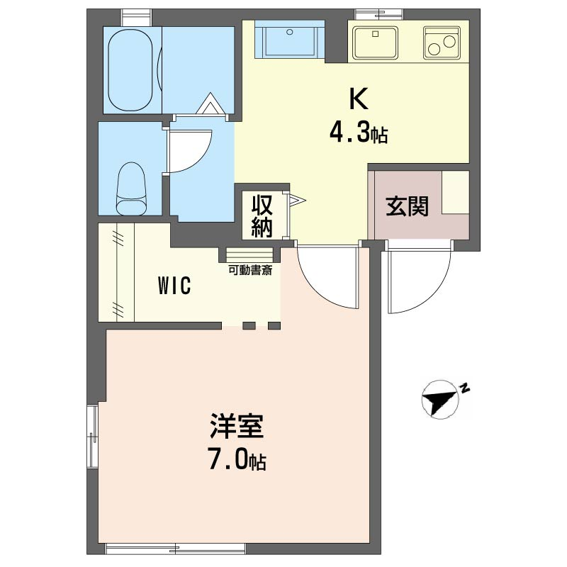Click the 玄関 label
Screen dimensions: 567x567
(x=407, y=206)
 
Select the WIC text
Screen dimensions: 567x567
(x=174, y=286)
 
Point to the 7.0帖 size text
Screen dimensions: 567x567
(x=237, y=461)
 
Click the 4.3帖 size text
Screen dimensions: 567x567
(x=358, y=133)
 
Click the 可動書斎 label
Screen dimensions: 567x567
(x=250, y=269)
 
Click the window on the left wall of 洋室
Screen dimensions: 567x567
(x=92, y=437)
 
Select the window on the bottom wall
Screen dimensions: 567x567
(x=176, y=548)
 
